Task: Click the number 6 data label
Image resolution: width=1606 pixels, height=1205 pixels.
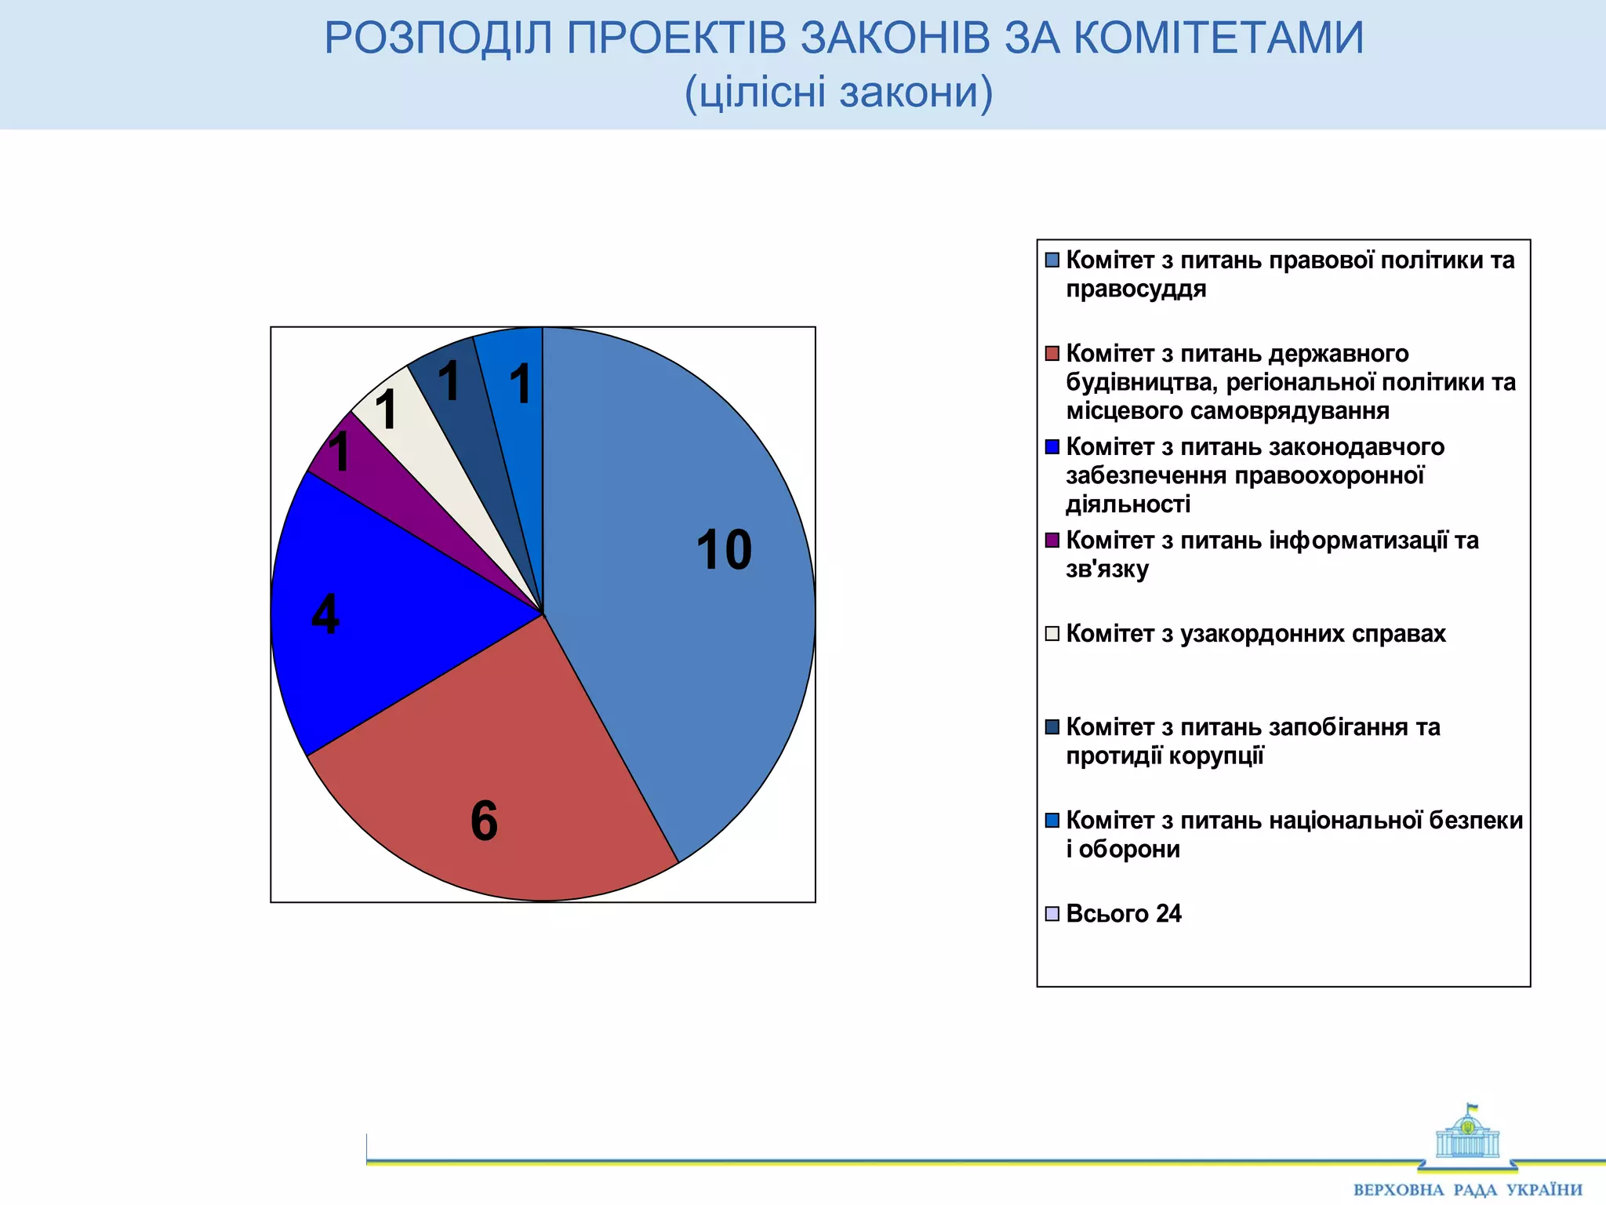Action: click(484, 821)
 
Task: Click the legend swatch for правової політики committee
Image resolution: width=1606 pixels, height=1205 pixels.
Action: click(1052, 260)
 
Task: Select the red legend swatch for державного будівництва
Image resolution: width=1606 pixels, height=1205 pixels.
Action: click(1052, 353)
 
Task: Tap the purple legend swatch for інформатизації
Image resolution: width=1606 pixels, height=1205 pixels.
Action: click(1052, 540)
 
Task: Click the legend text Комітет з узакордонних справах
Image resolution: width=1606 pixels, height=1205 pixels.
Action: click(1255, 633)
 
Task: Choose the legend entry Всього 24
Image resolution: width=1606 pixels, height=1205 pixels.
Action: click(1123, 913)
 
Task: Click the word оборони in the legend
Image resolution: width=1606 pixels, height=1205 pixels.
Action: click(1129, 849)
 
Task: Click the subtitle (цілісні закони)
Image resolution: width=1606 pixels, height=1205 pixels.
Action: click(839, 92)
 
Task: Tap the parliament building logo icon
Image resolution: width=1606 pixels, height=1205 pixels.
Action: click(1467, 1134)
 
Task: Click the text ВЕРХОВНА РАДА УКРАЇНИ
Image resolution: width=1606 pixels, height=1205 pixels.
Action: click(1467, 1189)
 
